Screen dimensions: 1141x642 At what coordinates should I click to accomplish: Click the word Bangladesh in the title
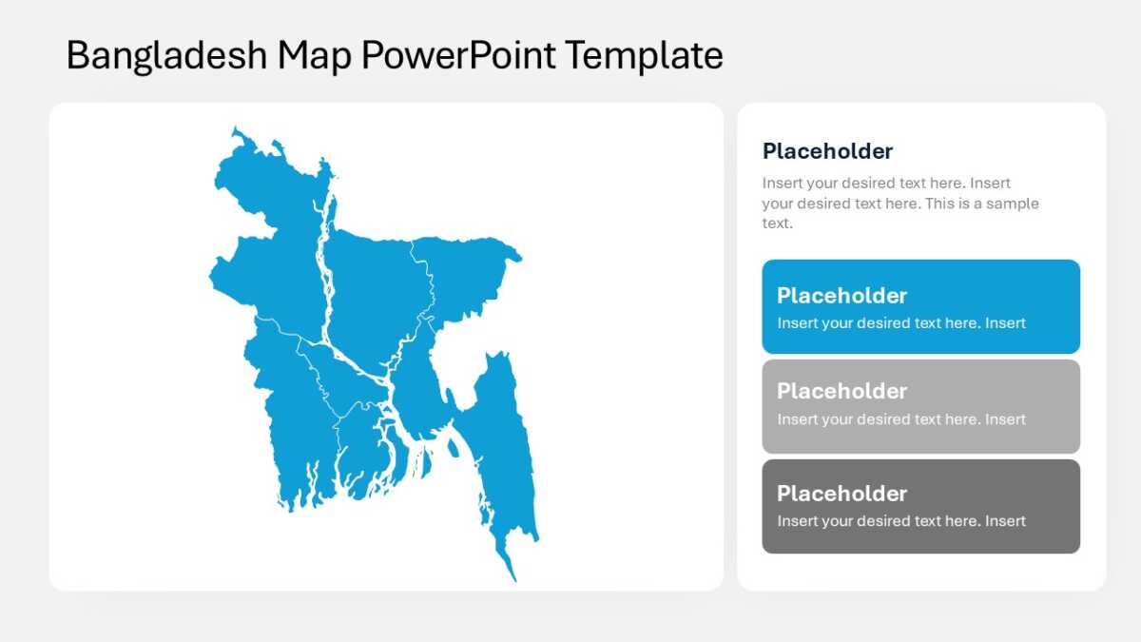click(166, 55)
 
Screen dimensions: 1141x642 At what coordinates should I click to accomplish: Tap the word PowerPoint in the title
click(458, 54)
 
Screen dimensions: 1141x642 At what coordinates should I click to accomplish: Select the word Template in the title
click(644, 55)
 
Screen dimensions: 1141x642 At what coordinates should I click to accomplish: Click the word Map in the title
click(314, 56)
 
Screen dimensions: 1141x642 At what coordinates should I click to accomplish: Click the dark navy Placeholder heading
click(827, 151)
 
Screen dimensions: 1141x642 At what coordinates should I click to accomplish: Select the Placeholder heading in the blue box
click(841, 296)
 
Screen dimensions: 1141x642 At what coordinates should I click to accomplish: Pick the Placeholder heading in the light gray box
click(841, 391)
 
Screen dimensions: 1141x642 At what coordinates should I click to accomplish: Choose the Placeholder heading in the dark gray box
click(841, 494)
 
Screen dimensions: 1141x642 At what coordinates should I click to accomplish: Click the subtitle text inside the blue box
click(901, 323)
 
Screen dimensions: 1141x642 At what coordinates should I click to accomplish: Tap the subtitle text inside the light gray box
click(901, 419)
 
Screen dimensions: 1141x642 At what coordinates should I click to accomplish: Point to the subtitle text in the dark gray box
click(901, 521)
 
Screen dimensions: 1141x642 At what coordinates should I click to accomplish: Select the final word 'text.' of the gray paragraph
click(778, 224)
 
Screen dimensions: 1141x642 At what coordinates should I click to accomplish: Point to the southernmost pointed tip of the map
click(515, 581)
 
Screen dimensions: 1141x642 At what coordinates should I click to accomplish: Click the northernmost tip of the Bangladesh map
click(235, 127)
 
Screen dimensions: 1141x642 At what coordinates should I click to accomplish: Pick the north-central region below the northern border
click(377, 296)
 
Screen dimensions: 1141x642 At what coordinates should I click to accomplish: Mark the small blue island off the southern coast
click(453, 448)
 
